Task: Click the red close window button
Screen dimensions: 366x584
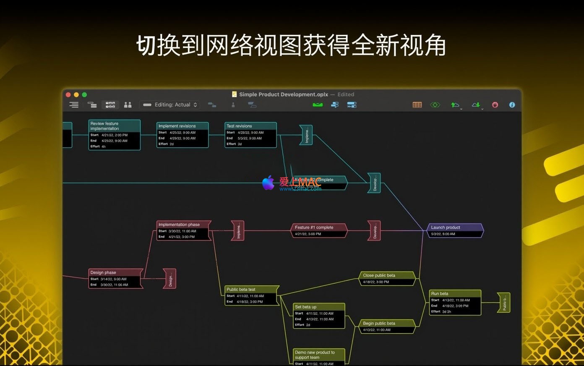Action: [68, 95]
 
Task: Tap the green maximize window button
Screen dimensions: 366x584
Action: [84, 95]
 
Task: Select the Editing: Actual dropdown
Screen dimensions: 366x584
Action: [170, 105]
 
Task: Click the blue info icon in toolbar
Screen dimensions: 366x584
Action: [512, 105]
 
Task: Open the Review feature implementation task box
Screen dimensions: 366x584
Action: [114, 135]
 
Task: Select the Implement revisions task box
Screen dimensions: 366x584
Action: [182, 135]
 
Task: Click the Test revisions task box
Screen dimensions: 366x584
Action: [250, 135]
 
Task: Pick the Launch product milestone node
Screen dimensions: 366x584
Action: [455, 230]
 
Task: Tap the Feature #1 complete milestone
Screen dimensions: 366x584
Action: [319, 230]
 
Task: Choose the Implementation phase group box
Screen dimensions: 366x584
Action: [184, 230]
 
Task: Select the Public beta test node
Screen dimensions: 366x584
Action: [252, 295]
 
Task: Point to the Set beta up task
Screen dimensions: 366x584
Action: [319, 316]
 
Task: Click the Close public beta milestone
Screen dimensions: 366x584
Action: [387, 278]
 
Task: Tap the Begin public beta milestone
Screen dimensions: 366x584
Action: [387, 326]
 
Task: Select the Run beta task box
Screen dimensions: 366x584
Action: [455, 302]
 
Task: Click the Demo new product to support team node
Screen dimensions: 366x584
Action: [319, 356]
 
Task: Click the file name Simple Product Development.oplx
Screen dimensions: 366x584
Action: [284, 94]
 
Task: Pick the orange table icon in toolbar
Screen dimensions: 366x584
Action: [417, 105]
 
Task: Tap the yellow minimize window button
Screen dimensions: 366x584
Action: [76, 95]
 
